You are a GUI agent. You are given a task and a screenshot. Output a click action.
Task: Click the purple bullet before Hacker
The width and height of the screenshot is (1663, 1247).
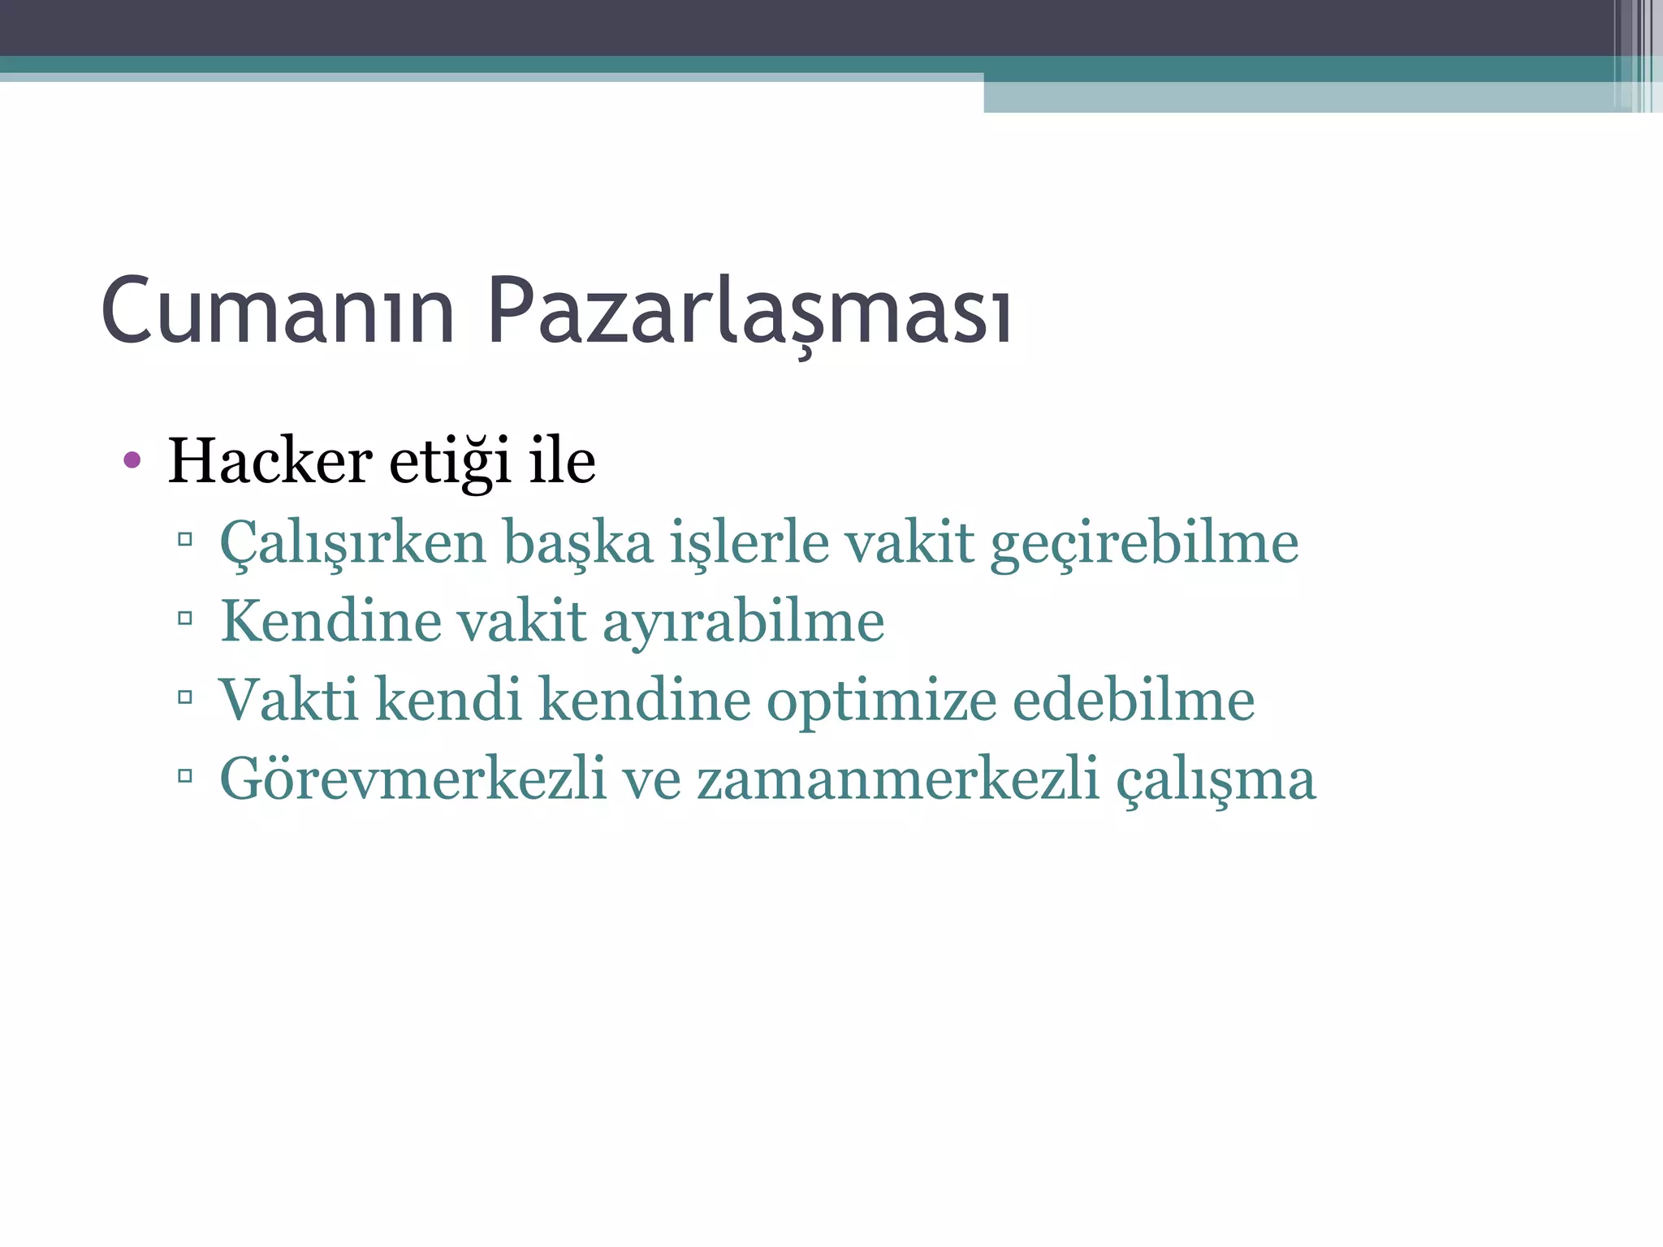tap(132, 461)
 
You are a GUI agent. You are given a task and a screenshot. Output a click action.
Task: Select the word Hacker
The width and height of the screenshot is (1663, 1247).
tap(270, 461)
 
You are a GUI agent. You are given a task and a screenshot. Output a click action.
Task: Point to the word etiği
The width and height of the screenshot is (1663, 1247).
tap(450, 461)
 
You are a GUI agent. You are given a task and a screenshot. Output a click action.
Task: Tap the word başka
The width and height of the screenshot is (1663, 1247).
tap(578, 543)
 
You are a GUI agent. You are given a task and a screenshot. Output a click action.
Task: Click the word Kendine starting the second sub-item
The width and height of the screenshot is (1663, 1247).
tap(330, 622)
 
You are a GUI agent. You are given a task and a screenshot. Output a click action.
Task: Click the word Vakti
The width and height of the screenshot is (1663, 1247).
tap(288, 700)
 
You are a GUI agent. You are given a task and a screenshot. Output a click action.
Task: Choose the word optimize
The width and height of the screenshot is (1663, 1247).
tap(881, 700)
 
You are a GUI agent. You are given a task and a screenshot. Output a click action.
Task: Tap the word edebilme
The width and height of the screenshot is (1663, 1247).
tap(1134, 700)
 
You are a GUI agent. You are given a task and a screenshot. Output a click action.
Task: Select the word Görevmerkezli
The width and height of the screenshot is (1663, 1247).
tap(413, 779)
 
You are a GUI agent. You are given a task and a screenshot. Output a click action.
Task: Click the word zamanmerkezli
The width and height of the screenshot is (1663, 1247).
tap(897, 779)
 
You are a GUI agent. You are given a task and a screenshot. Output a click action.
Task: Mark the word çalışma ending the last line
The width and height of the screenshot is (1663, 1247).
tap(1216, 779)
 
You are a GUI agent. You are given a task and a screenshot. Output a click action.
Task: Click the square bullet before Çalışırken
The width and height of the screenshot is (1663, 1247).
tap(185, 539)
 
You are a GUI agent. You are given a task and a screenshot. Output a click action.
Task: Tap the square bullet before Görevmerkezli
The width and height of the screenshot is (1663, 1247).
tap(185, 776)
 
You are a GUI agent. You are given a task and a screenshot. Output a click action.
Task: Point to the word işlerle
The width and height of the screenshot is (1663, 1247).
tap(749, 543)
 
